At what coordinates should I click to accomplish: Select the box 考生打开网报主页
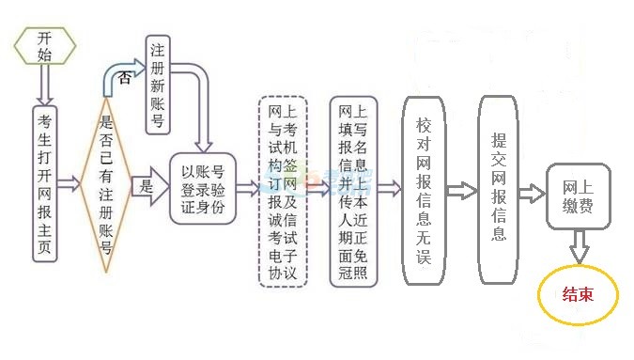pyautogui.click(x=45, y=187)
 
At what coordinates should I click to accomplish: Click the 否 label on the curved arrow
pyautogui.click(x=126, y=79)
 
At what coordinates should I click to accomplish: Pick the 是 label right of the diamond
pyautogui.click(x=146, y=188)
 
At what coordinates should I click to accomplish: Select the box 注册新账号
pyautogui.click(x=158, y=85)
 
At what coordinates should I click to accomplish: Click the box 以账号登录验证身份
pyautogui.click(x=203, y=188)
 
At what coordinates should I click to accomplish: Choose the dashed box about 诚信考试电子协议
pyautogui.click(x=283, y=189)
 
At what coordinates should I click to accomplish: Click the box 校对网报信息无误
pyautogui.click(x=423, y=189)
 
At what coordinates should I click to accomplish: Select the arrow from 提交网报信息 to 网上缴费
pyautogui.click(x=533, y=193)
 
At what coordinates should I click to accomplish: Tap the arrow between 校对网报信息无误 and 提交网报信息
pyautogui.click(x=460, y=191)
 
